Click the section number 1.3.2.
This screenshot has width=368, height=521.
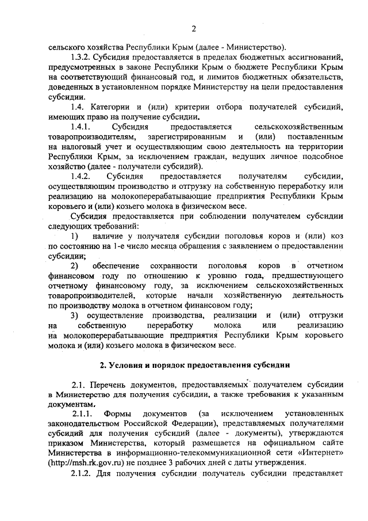[82, 58]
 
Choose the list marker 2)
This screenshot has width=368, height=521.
[74, 265]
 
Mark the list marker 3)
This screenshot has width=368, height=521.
[74, 315]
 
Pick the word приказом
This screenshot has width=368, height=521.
[69, 443]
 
